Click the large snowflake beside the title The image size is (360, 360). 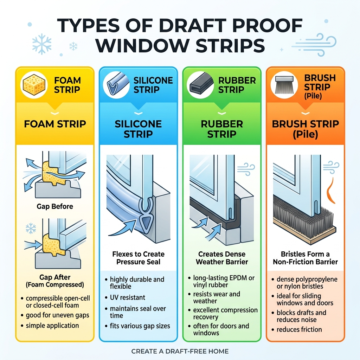click(41, 44)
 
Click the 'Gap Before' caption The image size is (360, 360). click(55, 206)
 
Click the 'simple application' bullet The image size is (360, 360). click(52, 326)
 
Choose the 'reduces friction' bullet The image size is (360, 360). click(299, 329)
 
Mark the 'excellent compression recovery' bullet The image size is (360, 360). click(225, 314)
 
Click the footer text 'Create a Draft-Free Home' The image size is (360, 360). click(180, 351)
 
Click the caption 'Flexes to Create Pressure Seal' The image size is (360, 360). click(138, 258)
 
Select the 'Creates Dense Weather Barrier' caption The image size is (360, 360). click(221, 258)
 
